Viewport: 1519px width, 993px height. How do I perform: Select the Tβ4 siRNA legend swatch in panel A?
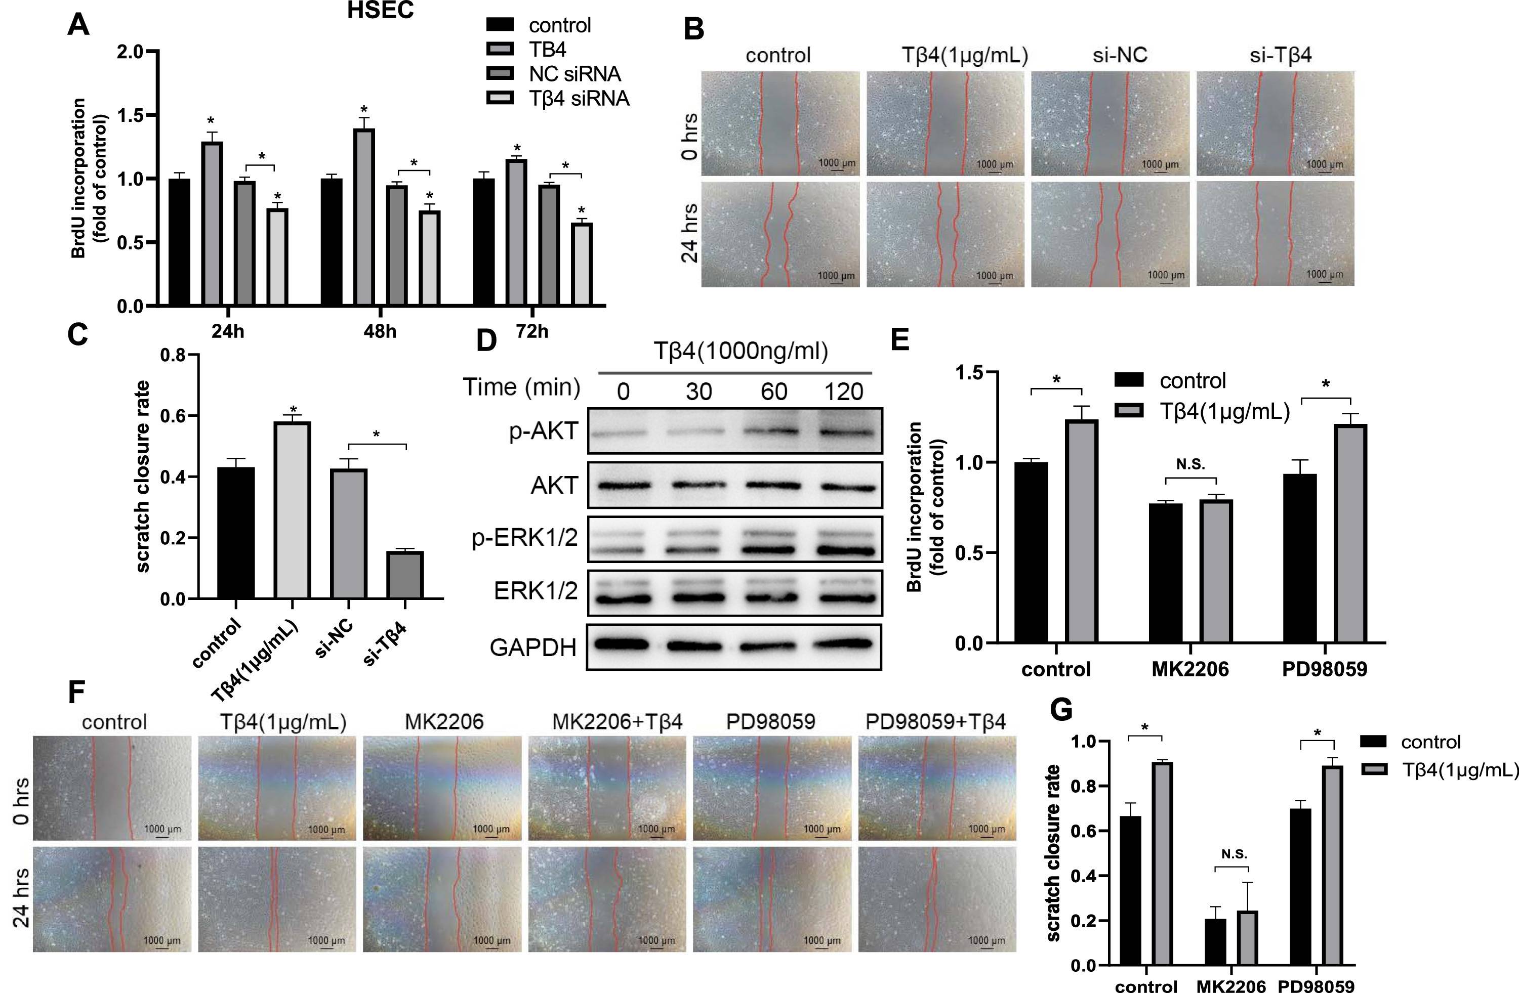click(x=500, y=98)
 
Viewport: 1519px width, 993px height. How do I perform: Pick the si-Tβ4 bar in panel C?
click(x=404, y=575)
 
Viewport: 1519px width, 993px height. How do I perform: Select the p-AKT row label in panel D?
click(x=543, y=432)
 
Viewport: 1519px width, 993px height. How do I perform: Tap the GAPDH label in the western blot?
click(x=533, y=647)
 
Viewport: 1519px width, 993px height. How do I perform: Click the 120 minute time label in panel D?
click(x=844, y=391)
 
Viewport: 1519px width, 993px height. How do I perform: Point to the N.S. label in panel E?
click(x=1190, y=464)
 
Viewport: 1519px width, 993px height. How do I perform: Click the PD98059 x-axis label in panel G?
click(x=1316, y=986)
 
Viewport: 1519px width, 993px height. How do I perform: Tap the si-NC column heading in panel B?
click(x=1120, y=55)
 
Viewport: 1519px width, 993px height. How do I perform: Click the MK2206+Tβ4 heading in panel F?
click(x=617, y=721)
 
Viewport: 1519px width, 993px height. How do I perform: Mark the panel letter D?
click(x=486, y=340)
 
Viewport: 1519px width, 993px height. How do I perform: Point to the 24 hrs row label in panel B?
click(x=689, y=233)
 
